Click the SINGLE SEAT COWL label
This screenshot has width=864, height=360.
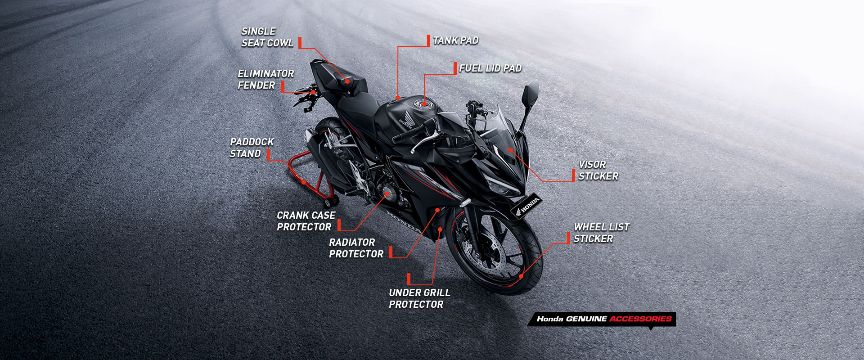click(x=267, y=37)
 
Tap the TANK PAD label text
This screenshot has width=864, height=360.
click(x=455, y=40)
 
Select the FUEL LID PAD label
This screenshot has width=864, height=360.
click(x=490, y=68)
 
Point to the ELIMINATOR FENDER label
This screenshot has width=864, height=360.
click(x=265, y=80)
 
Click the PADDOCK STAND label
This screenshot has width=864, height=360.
click(x=252, y=148)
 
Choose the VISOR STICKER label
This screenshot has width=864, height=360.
click(x=598, y=171)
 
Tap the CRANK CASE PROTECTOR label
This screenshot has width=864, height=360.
click(x=306, y=221)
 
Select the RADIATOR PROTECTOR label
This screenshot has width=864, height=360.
click(x=356, y=248)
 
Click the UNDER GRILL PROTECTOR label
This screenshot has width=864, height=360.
click(x=419, y=298)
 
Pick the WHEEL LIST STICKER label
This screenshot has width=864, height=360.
click(x=601, y=233)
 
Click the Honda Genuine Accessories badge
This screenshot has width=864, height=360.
click(x=602, y=319)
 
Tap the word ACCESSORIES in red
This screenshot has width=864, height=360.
click(x=640, y=319)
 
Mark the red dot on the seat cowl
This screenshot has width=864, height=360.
click(x=347, y=81)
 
